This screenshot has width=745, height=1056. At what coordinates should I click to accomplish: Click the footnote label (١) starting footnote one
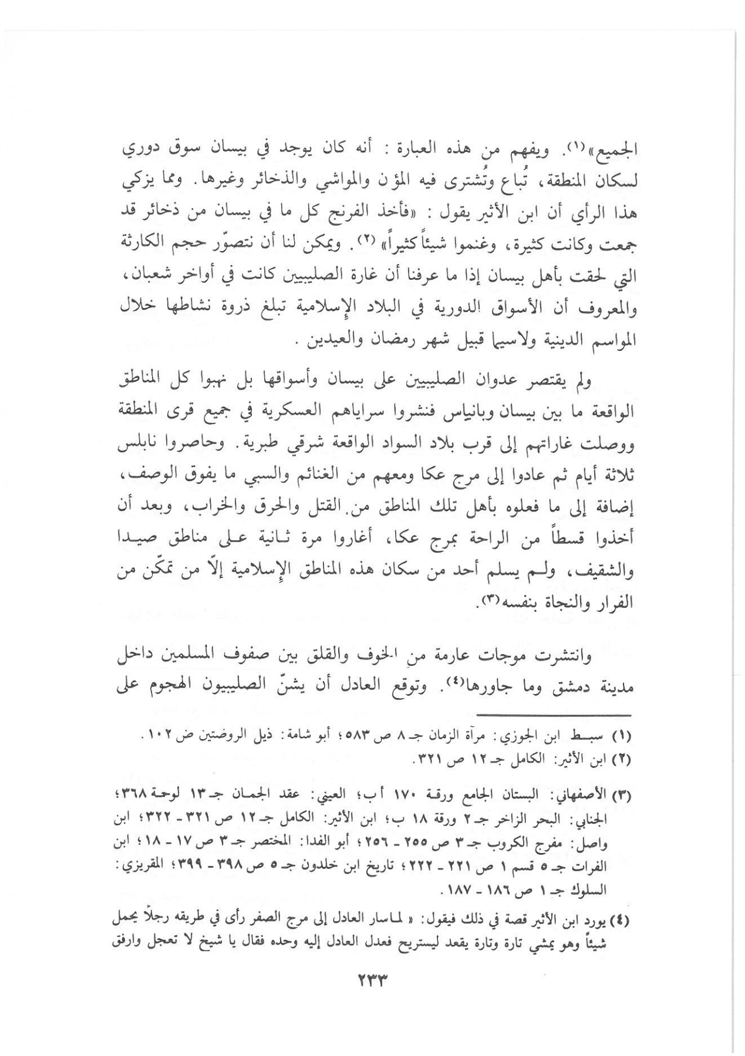621,736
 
